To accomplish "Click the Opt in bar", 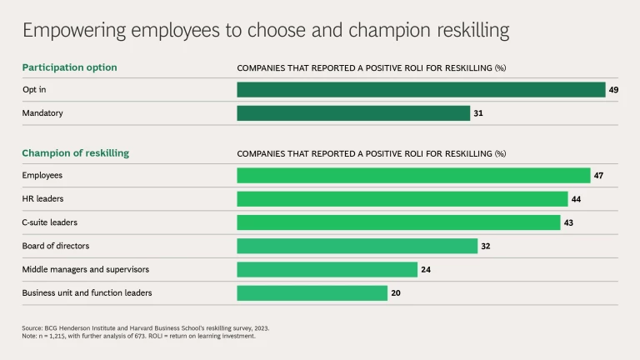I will [x=421, y=89].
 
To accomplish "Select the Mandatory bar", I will [x=353, y=112].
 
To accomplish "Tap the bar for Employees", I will [x=413, y=175].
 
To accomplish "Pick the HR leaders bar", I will [x=402, y=199].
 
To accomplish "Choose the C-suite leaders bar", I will [x=398, y=222].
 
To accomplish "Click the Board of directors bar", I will [x=357, y=246].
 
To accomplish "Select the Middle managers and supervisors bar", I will [x=327, y=269].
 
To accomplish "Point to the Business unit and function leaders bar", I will [x=312, y=292].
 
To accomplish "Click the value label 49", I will [x=613, y=89].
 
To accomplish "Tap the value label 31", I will [x=478, y=112].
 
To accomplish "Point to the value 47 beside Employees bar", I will [x=598, y=175].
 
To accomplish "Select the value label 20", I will [x=396, y=292].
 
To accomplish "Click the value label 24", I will [x=426, y=269].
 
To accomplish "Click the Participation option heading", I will [x=69, y=67].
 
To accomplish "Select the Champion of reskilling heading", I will [x=75, y=153].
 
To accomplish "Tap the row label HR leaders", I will [x=42, y=199].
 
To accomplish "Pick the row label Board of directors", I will [x=55, y=246].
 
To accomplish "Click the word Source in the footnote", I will [x=32, y=328].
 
